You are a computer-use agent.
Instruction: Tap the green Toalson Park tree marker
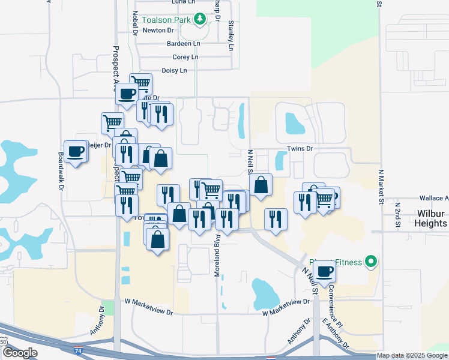(200, 19)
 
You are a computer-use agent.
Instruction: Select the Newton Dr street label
(158, 29)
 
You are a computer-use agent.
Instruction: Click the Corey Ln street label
(185, 57)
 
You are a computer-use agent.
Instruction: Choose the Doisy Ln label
(175, 70)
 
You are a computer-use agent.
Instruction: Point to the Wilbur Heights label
(431, 218)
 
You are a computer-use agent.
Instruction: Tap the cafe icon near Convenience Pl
(325, 271)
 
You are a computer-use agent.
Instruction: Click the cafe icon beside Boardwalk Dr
(76, 151)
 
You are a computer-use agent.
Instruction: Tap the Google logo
(20, 352)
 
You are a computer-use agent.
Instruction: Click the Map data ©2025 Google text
(412, 356)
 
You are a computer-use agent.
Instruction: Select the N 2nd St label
(397, 216)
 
